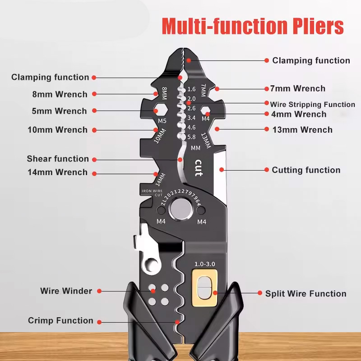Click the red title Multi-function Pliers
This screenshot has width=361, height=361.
(x=253, y=26)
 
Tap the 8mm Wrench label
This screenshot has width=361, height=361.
(x=60, y=94)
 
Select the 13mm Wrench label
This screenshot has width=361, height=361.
(x=302, y=130)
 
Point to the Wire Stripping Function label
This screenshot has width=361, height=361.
(x=312, y=104)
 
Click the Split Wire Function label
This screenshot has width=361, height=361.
(x=306, y=294)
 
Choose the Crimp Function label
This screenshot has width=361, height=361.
(x=60, y=320)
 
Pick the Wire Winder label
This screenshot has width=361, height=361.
(x=66, y=291)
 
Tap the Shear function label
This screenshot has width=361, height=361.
(x=58, y=159)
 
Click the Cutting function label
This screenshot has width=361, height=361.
(x=306, y=170)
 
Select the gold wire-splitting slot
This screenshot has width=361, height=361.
(x=204, y=288)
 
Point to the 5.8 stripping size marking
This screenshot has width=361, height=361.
(x=191, y=137)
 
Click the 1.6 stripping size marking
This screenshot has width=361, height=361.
(x=191, y=89)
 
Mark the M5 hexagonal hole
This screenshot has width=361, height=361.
(x=160, y=110)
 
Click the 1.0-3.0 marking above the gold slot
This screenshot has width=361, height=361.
(x=205, y=264)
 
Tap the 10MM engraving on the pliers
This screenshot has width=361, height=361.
(x=160, y=136)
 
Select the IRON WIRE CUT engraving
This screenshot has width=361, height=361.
(x=152, y=193)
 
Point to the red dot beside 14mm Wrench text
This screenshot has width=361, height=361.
(x=94, y=174)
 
